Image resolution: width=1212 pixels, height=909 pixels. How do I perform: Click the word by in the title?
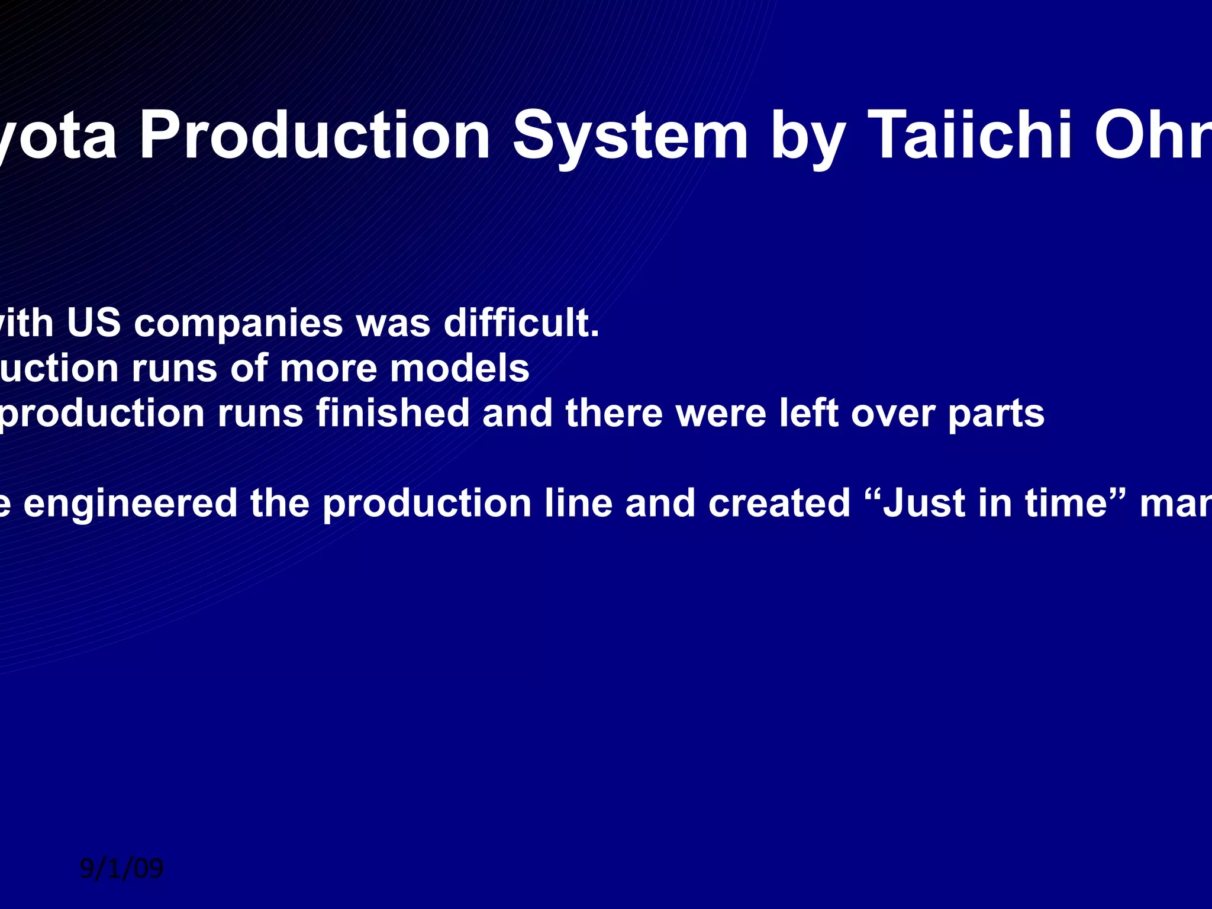click(x=806, y=137)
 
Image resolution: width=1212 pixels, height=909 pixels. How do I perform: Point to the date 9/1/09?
click(x=121, y=869)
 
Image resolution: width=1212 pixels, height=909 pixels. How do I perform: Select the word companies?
click(x=238, y=324)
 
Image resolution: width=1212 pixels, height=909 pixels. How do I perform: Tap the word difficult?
click(x=522, y=324)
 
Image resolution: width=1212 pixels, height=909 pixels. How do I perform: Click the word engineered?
click(x=130, y=504)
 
